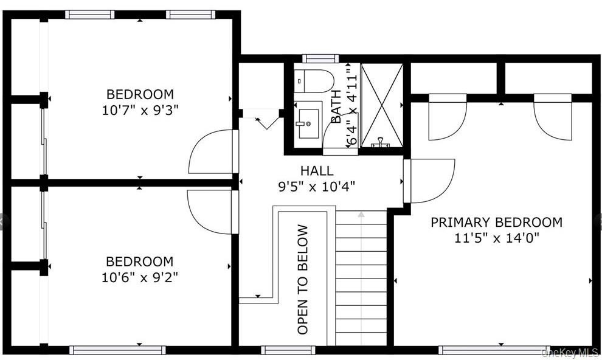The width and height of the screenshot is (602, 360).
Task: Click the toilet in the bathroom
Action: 314,81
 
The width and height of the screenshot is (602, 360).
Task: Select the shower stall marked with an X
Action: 382,105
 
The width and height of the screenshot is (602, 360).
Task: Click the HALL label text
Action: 317,170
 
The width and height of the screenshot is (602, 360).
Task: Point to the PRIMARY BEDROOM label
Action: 496,222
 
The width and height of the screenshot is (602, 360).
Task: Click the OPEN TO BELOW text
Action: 303,279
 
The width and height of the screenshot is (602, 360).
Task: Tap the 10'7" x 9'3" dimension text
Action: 140,111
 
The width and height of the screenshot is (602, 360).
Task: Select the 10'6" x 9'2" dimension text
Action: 140,277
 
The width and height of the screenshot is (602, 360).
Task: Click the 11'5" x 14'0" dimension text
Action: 497,238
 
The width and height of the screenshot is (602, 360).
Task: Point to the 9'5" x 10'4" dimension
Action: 317,187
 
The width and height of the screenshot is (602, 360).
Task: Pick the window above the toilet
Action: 320,59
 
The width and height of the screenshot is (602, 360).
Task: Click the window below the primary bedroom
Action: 494,350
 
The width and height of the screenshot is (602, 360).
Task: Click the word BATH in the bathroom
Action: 336,106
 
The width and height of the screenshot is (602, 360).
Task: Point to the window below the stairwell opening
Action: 288,350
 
